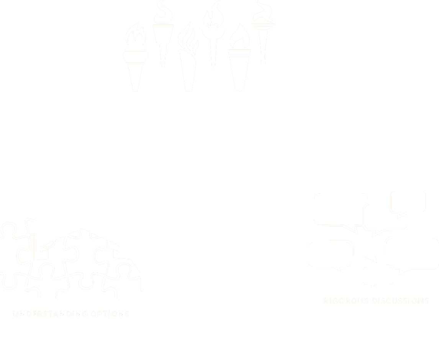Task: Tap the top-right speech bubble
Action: pos(408,201)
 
